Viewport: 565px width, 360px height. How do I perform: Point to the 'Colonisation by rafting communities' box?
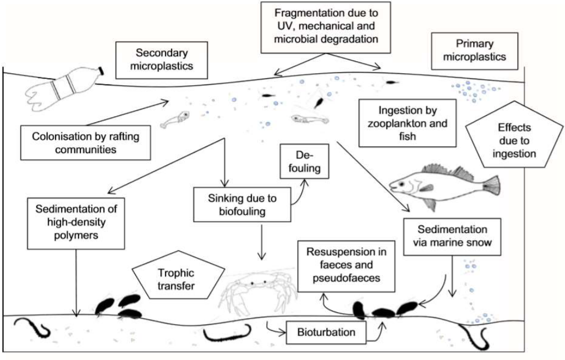[80, 140]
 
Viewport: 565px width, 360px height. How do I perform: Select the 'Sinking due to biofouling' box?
[242, 202]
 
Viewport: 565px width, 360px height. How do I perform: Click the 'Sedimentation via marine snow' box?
[452, 237]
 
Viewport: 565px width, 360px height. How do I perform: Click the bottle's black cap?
[101, 72]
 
